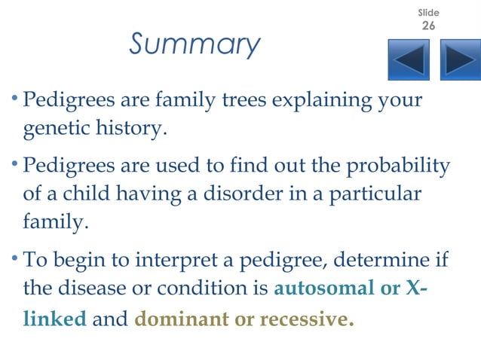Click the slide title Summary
(x=195, y=44)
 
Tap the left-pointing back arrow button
(x=409, y=59)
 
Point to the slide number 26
(x=428, y=26)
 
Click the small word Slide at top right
(x=428, y=13)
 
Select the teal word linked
(x=55, y=319)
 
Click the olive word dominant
(x=181, y=319)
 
